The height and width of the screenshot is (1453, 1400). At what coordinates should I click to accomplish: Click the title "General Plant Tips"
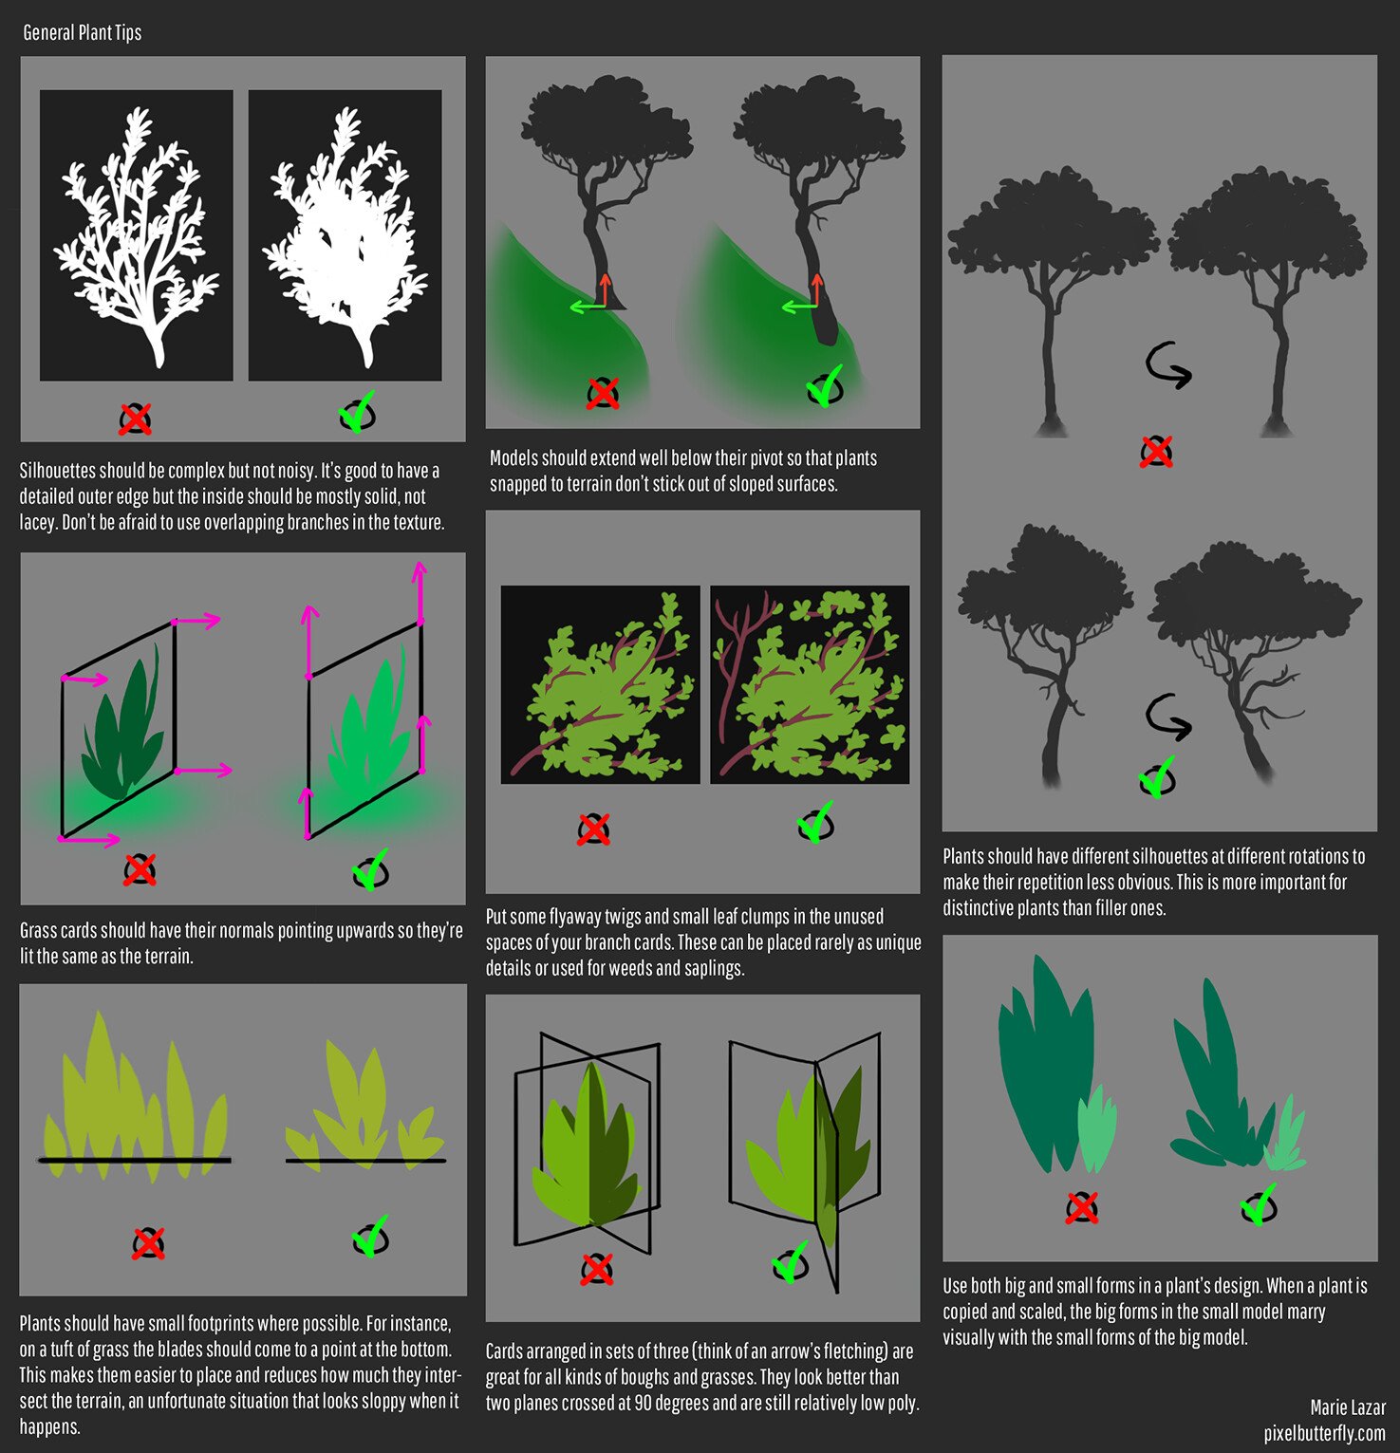[83, 32]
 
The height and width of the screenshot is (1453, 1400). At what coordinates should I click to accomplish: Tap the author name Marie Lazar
[1347, 1407]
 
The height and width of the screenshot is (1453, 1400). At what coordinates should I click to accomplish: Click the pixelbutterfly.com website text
[1324, 1433]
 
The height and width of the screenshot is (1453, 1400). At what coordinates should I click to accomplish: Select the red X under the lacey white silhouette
[135, 418]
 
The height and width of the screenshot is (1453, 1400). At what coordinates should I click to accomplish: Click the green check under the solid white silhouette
[357, 413]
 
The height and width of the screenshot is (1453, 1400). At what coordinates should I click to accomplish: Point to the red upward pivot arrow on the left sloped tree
[605, 290]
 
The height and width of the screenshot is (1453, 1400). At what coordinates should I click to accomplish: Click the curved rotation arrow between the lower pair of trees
[1168, 717]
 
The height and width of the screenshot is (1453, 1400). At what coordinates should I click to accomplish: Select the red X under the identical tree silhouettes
[1156, 452]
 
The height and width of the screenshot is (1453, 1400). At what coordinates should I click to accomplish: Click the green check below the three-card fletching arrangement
[790, 1263]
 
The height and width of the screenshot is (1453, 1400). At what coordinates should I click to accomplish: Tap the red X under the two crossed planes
[596, 1269]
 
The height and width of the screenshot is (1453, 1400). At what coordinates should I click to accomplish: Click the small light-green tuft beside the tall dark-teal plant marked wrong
[1095, 1128]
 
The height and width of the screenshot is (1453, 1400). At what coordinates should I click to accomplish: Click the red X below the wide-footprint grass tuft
[148, 1242]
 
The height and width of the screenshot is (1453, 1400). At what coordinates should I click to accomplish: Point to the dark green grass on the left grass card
[119, 731]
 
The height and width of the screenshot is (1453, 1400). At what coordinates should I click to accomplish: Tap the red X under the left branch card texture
[593, 829]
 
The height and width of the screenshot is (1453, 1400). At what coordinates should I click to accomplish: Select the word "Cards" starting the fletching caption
[507, 1351]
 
